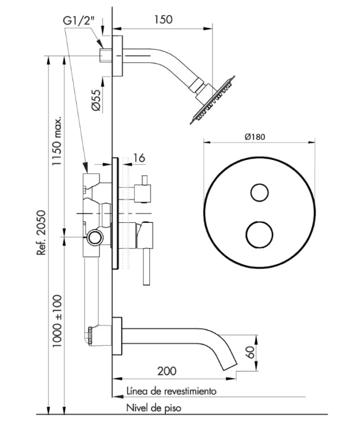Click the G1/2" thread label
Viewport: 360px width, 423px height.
click(78, 20)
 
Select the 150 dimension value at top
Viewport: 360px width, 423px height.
click(163, 19)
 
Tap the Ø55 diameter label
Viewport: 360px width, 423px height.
click(96, 100)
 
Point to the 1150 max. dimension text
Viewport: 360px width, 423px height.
click(57, 141)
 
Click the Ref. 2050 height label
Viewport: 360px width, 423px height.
click(42, 232)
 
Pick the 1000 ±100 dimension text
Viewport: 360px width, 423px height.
click(57, 321)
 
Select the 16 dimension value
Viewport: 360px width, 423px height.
click(139, 158)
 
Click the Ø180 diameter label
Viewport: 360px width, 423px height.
click(255, 137)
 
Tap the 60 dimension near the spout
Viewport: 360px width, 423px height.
click(251, 352)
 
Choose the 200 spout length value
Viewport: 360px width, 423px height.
click(167, 371)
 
